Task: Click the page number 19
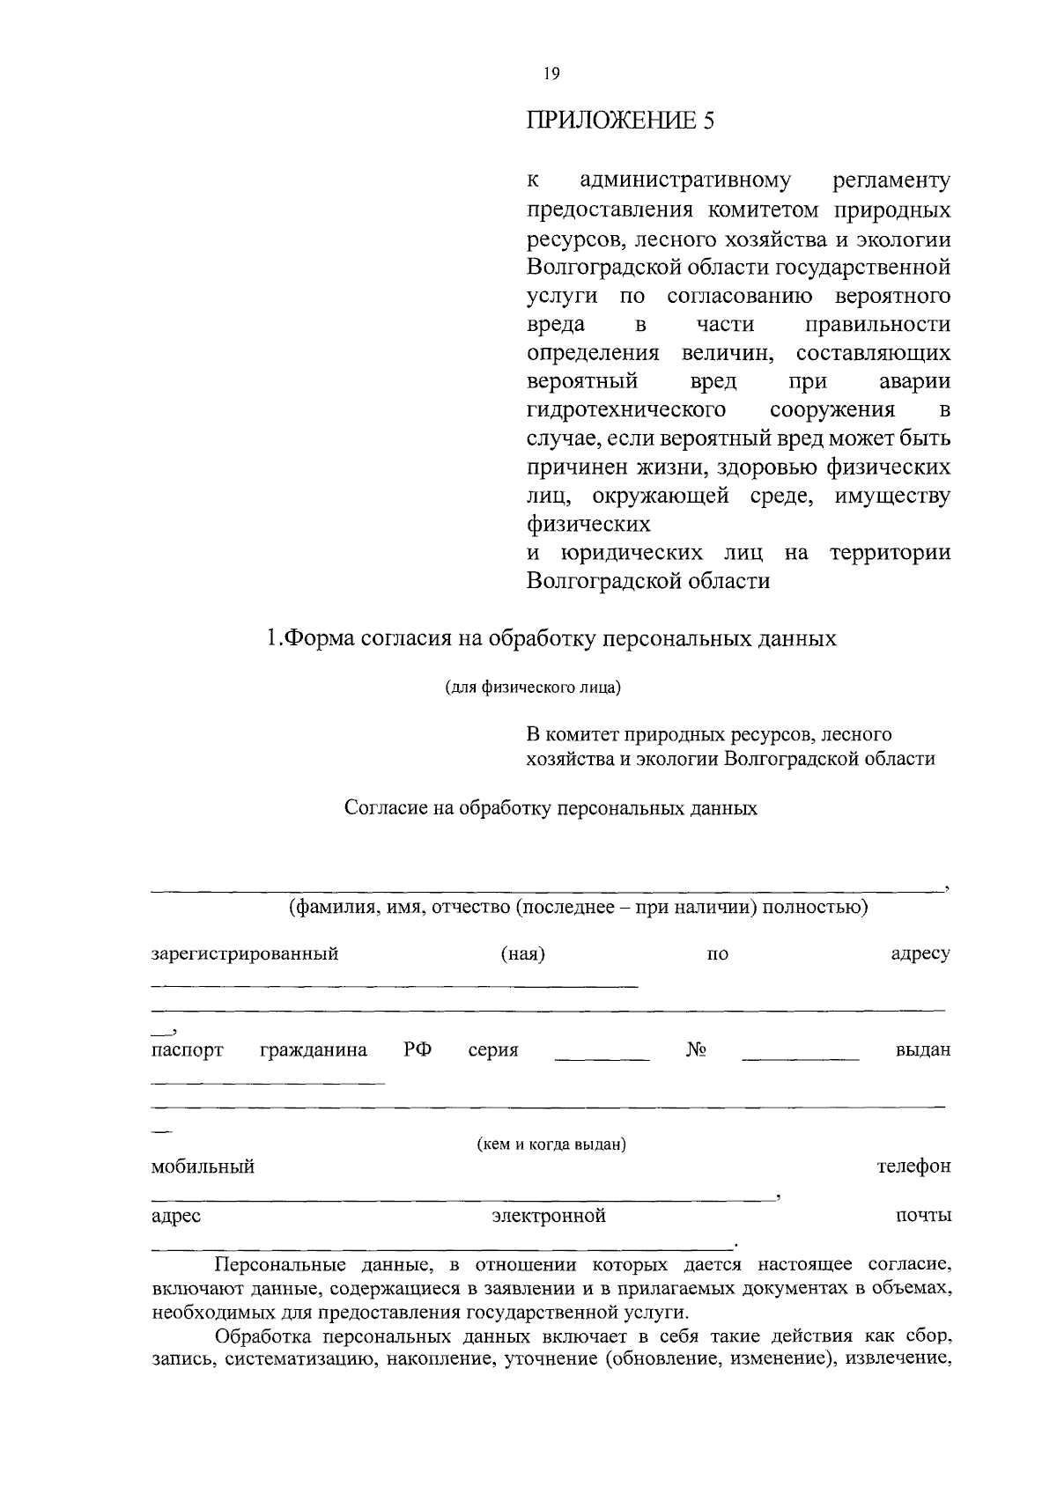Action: click(x=551, y=75)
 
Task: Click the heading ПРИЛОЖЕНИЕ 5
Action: click(x=619, y=121)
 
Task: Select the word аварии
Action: click(x=914, y=382)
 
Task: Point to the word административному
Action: click(x=685, y=181)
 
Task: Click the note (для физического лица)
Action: click(x=532, y=688)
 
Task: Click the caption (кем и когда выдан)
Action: click(x=551, y=1144)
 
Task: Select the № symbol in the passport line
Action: click(x=697, y=1050)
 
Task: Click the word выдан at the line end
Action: click(x=922, y=1050)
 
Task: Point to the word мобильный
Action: click(x=203, y=1167)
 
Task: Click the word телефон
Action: click(x=913, y=1167)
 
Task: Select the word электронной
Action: click(x=549, y=1217)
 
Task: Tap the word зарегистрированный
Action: click(x=245, y=954)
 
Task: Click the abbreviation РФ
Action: click(x=418, y=1050)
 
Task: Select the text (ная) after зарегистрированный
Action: click(x=522, y=954)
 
